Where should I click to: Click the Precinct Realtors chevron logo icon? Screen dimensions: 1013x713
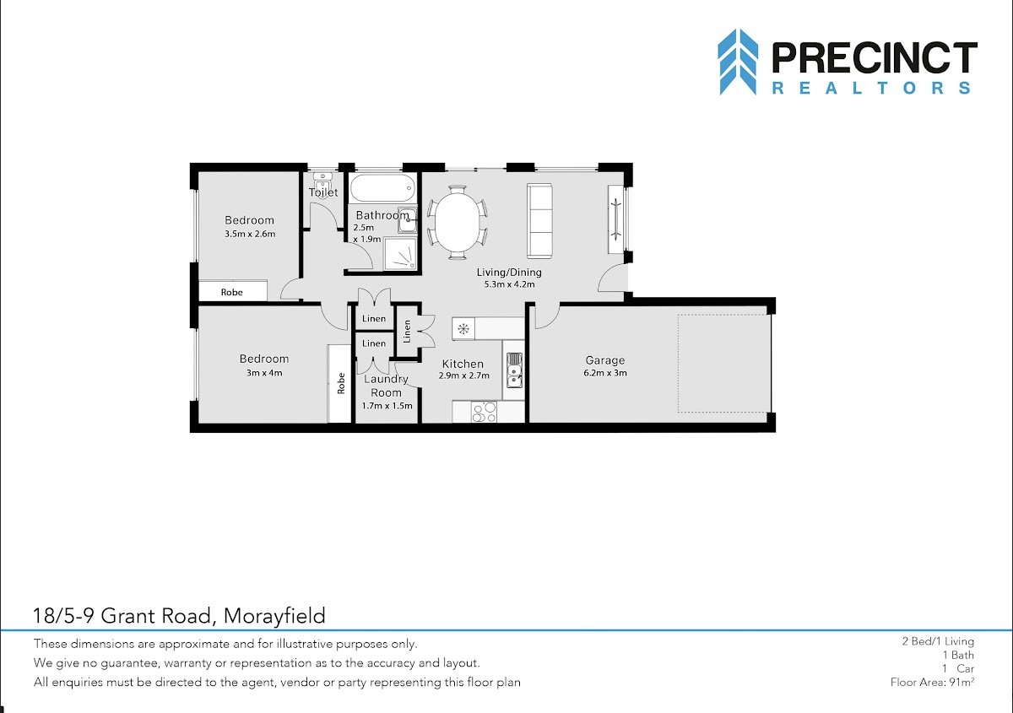tap(738, 62)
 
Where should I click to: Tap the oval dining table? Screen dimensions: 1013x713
tap(458, 223)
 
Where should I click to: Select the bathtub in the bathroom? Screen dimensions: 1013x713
tap(382, 188)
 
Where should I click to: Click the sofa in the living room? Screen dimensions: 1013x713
tap(539, 220)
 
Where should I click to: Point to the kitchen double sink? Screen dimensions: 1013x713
tap(514, 370)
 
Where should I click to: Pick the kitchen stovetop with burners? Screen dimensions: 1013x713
tap(484, 412)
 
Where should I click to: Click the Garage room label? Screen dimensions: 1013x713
tap(605, 360)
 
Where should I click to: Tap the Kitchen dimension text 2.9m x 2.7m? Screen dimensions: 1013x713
tap(464, 375)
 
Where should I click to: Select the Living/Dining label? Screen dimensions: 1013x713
tap(509, 273)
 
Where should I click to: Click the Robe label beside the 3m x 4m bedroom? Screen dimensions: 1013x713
tap(341, 383)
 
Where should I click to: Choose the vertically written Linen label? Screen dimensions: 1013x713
tap(407, 332)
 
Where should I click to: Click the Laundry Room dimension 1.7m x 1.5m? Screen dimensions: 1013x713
tap(387, 406)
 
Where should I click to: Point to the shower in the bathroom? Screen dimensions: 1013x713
tap(400, 254)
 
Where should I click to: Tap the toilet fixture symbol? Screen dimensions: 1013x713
tap(322, 182)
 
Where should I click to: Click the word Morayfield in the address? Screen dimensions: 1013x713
tap(274, 616)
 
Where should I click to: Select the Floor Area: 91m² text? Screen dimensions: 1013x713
tap(932, 682)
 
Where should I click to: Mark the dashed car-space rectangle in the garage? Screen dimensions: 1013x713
tap(723, 364)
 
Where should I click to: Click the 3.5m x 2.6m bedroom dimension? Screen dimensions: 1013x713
tap(250, 235)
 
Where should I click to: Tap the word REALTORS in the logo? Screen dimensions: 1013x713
tap(871, 88)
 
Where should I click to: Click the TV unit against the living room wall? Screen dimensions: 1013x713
tap(615, 219)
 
